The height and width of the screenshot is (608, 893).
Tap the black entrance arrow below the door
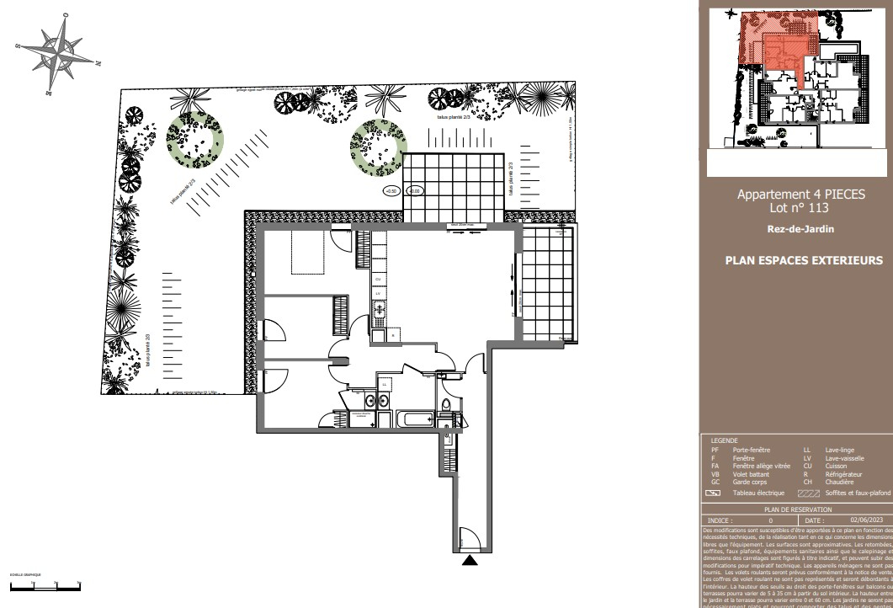(470, 559)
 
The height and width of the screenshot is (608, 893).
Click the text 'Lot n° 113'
(800, 207)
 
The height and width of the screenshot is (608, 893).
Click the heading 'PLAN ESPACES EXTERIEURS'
(804, 261)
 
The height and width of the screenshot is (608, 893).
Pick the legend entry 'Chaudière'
(840, 482)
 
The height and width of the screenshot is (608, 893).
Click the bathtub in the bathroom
(414, 419)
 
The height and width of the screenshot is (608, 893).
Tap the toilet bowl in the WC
(446, 408)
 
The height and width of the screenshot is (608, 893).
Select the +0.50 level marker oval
(391, 192)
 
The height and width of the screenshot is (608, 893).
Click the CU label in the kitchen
(379, 278)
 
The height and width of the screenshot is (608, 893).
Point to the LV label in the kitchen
(379, 294)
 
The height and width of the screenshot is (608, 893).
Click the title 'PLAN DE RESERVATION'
(797, 510)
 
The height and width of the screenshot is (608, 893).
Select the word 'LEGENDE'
(725, 440)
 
